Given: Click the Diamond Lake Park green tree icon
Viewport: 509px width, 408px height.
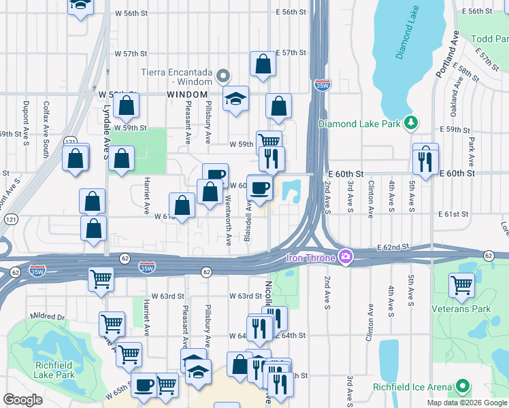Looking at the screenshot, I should point(410,122).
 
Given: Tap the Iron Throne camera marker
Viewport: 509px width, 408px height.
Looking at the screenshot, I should point(346,257).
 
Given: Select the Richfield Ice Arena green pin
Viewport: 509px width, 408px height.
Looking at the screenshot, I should point(463,387).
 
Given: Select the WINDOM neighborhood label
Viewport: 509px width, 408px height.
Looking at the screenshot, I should point(187,94).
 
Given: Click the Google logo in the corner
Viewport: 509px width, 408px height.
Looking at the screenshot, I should point(22,400).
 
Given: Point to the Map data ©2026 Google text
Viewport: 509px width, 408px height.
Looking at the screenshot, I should point(467,403).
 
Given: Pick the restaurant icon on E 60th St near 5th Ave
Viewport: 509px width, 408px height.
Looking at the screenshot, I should point(425,160).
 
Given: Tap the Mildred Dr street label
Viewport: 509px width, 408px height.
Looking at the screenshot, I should point(46,317).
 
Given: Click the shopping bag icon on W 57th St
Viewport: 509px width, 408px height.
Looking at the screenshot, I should point(263,65).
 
